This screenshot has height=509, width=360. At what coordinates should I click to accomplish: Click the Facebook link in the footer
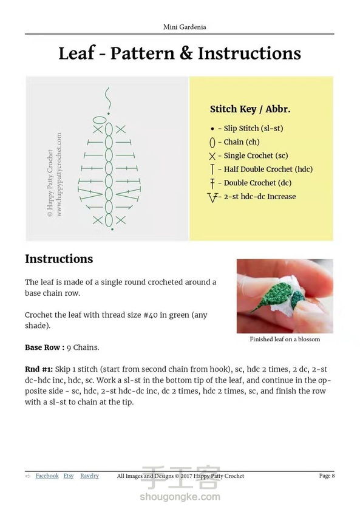(x=47, y=476)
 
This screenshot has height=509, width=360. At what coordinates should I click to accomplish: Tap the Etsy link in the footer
(x=69, y=476)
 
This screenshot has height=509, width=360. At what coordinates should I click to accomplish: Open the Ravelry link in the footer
(x=89, y=476)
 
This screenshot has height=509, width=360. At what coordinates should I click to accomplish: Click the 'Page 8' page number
(x=327, y=476)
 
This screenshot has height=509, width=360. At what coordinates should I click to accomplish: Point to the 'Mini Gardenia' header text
(x=185, y=27)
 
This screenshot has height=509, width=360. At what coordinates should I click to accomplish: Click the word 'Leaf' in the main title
(x=77, y=53)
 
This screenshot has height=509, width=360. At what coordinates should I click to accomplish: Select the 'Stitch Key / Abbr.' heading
(x=250, y=109)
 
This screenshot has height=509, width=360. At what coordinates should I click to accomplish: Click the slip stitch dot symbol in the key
(x=212, y=129)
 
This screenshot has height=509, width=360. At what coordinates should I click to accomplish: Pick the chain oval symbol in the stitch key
(x=212, y=143)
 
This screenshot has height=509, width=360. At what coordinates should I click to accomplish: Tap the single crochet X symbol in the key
(x=212, y=156)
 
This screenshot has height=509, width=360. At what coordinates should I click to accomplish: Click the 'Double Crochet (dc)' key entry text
(x=257, y=183)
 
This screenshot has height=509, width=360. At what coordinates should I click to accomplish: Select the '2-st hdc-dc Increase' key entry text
(x=260, y=196)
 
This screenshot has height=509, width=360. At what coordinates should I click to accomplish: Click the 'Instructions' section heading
(x=59, y=259)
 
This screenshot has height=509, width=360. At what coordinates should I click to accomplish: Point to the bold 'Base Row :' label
(x=45, y=347)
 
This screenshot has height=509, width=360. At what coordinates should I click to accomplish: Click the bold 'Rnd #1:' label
(x=39, y=369)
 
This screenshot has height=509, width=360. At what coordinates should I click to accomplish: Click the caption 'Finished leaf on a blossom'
(x=285, y=339)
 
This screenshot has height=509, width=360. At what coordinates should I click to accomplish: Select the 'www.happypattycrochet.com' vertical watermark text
(x=59, y=175)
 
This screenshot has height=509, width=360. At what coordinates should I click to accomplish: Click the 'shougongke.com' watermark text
(x=180, y=497)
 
